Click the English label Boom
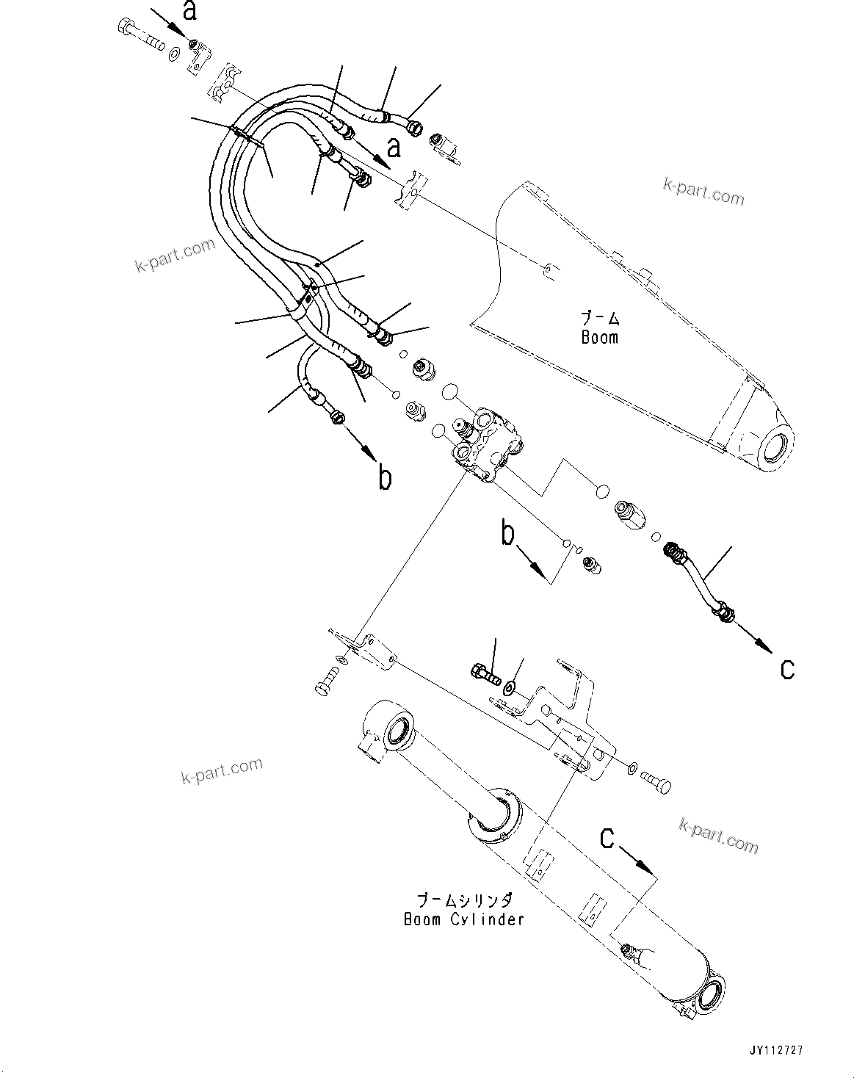tap(599, 338)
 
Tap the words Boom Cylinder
tap(463, 919)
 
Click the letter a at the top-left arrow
tap(190, 11)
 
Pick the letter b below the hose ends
tap(384, 478)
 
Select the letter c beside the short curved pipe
tap(787, 669)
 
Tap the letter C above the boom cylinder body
tap(607, 838)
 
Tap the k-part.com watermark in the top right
tap(703, 193)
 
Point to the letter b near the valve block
tap(508, 534)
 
